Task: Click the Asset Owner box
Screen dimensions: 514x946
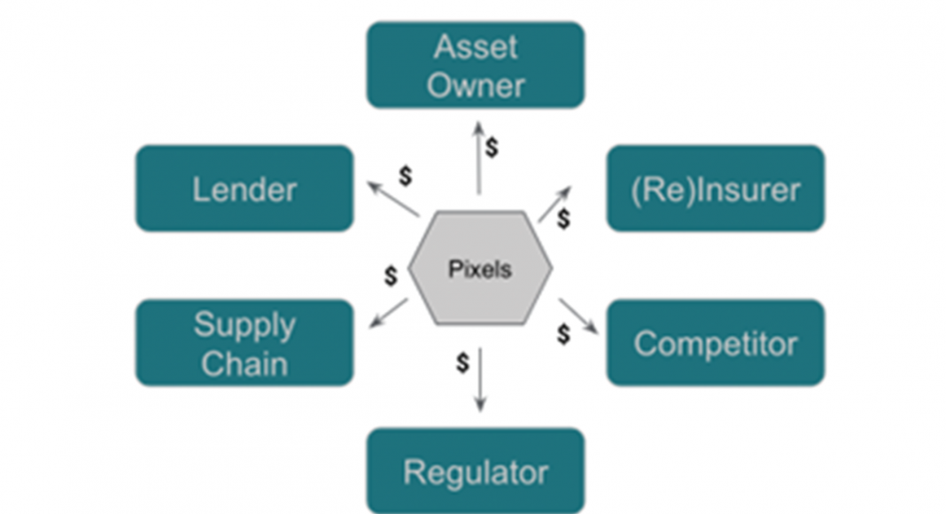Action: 476,65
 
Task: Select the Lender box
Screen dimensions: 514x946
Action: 244,189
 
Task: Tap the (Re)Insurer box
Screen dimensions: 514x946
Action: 715,189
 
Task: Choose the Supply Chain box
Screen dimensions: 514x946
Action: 244,343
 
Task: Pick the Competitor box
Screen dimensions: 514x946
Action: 715,343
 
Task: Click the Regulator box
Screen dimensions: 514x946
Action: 476,471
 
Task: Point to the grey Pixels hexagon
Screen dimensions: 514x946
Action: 480,268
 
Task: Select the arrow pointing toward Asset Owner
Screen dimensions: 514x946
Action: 478,158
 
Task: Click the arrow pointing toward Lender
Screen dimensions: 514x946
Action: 393,199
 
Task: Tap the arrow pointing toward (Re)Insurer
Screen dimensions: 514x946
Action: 554,205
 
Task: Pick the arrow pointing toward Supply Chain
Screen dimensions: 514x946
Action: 389,313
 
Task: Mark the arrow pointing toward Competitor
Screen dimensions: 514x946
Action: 578,316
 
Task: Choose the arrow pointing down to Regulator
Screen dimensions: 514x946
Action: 480,379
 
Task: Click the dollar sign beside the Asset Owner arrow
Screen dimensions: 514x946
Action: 492,148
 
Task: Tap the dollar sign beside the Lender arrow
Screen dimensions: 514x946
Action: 406,175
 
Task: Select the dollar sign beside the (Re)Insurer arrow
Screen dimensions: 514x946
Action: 563,219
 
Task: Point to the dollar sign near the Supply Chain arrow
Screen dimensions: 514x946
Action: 391,276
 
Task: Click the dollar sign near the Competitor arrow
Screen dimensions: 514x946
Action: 563,334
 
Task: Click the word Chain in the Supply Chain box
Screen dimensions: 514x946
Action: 244,363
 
